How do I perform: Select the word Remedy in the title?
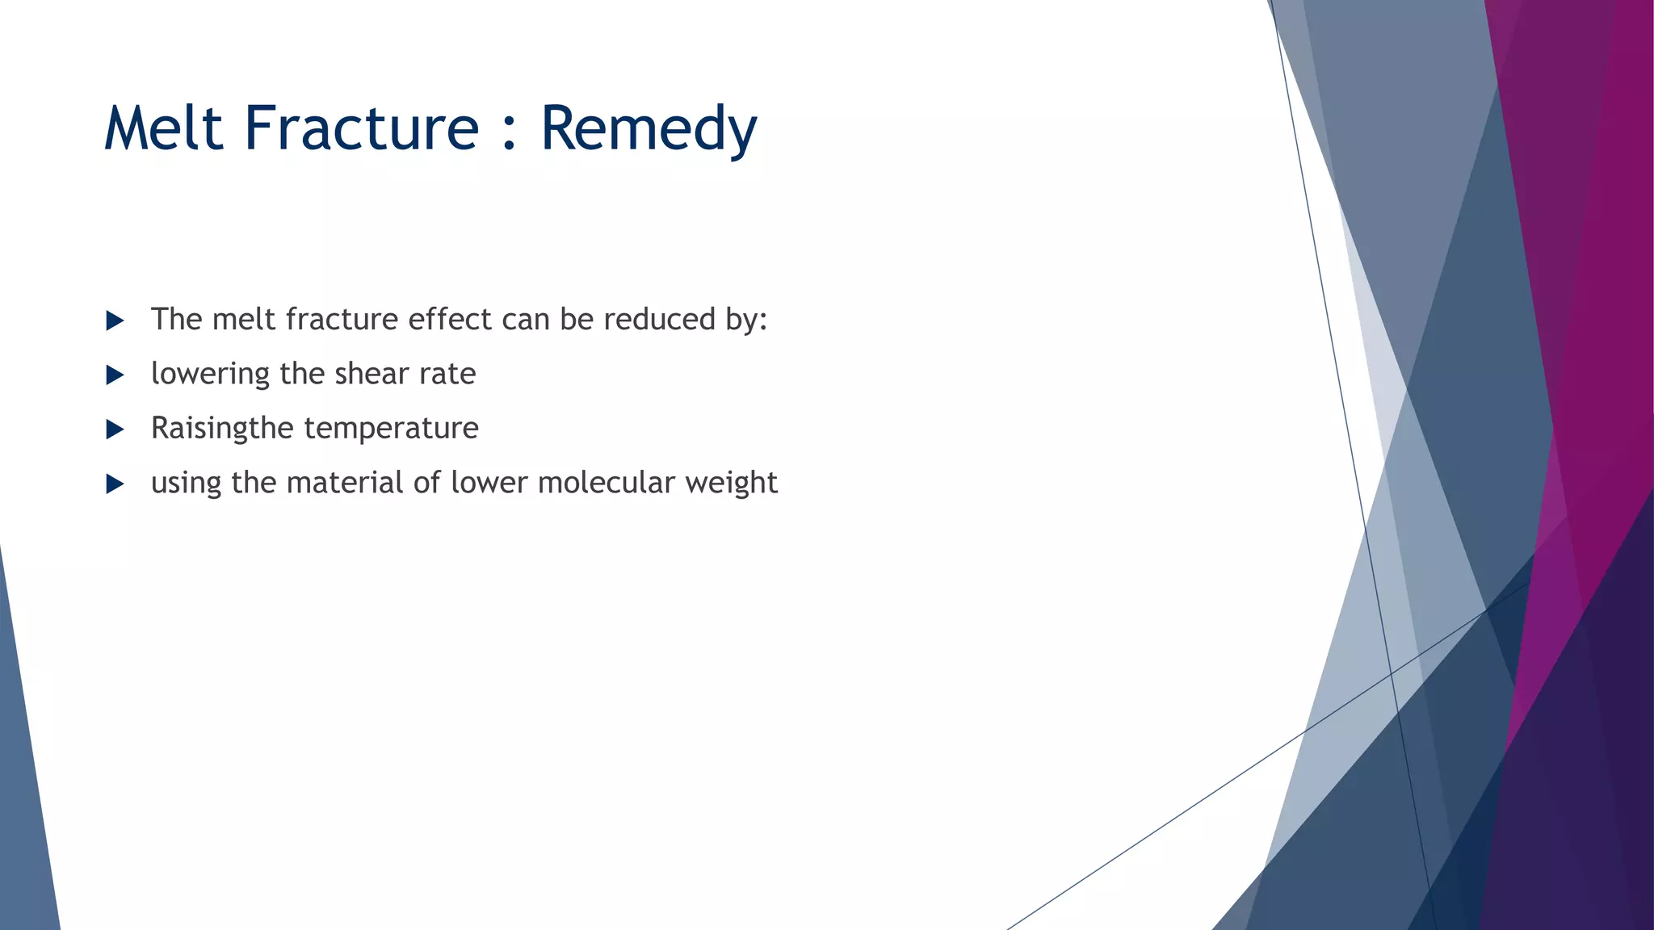[x=649, y=129]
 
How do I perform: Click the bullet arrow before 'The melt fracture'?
[x=115, y=321]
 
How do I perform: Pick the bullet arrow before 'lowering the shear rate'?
[x=115, y=375]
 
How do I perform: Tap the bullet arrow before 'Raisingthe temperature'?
[x=115, y=429]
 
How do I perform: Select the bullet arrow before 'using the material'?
[x=115, y=484]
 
